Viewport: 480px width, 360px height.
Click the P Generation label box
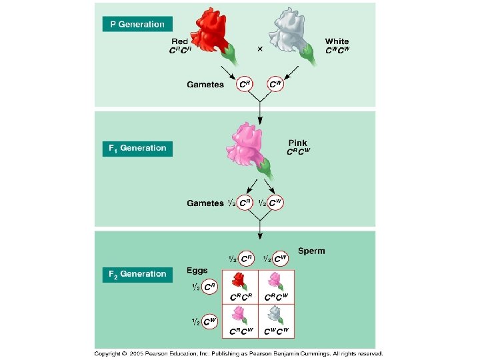tap(137, 24)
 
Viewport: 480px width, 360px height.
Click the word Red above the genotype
tap(180, 42)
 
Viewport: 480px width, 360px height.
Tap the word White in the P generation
tap(337, 41)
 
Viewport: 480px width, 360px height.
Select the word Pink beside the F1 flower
tap(298, 143)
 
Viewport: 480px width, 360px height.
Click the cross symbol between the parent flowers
tap(259, 49)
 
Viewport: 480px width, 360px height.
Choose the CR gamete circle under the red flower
tap(245, 85)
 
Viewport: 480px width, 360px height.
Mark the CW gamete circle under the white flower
tap(275, 85)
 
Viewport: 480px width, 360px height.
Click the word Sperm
tap(311, 251)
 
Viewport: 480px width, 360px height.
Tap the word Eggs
tap(197, 271)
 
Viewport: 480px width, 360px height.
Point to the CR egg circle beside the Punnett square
tap(209, 287)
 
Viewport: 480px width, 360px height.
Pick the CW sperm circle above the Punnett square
tap(279, 258)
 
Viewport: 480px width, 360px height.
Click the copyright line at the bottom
tap(239, 353)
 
